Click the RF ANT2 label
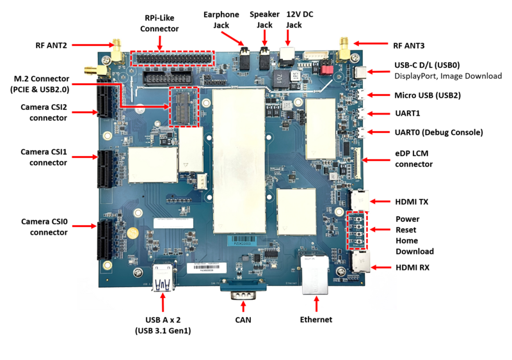(x=51, y=45)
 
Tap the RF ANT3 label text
(x=408, y=46)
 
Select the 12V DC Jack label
(x=294, y=19)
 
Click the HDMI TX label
(x=412, y=202)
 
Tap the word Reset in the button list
(x=407, y=230)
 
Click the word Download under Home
(x=415, y=251)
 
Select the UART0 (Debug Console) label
(x=439, y=132)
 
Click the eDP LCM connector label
(x=413, y=159)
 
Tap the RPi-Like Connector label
(x=159, y=24)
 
